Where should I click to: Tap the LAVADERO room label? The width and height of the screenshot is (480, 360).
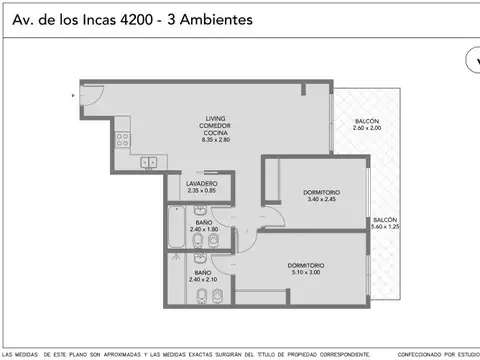point(202,183)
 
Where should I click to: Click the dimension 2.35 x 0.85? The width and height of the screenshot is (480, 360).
point(202,191)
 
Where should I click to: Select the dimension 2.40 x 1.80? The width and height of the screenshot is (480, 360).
point(202,229)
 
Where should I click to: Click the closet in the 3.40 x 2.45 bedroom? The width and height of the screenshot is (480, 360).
point(269,182)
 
